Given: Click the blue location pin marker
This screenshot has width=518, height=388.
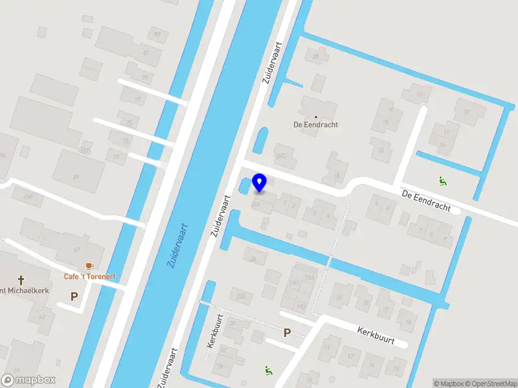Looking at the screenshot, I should click(x=260, y=182).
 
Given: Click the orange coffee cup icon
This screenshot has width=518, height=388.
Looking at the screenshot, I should click(x=89, y=266).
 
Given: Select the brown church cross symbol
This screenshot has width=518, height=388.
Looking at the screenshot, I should click(x=21, y=280).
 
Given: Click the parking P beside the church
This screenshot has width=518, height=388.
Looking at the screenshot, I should click(x=74, y=297).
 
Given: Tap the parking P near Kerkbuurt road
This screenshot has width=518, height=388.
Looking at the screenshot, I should click(x=287, y=332).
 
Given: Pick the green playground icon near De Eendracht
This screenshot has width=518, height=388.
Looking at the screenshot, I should click(x=443, y=181).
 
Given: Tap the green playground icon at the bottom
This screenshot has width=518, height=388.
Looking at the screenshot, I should click(x=268, y=370).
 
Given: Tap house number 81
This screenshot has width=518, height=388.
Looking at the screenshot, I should click(x=146, y=52).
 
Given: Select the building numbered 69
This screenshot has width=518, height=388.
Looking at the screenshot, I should click(x=76, y=176).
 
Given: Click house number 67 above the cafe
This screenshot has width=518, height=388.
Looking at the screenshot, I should click(x=76, y=249).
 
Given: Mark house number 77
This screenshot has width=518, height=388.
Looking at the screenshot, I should click(x=138, y=100).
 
